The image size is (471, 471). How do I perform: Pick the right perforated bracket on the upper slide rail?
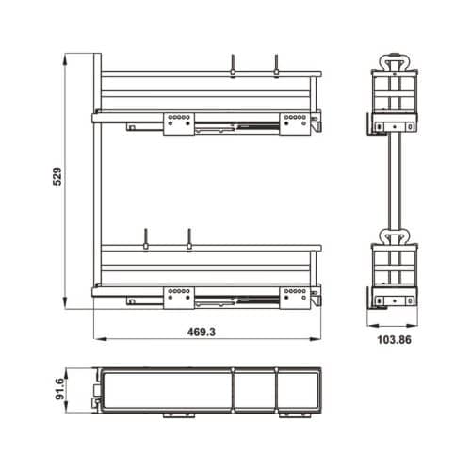(x=293, y=122)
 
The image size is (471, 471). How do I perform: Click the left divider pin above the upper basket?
(x=233, y=66)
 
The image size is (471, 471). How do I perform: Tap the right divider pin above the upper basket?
(x=276, y=66)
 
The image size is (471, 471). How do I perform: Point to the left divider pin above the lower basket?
(x=146, y=240)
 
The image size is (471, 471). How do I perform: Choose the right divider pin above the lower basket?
(x=188, y=240)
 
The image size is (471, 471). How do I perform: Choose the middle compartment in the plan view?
(x=254, y=389)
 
